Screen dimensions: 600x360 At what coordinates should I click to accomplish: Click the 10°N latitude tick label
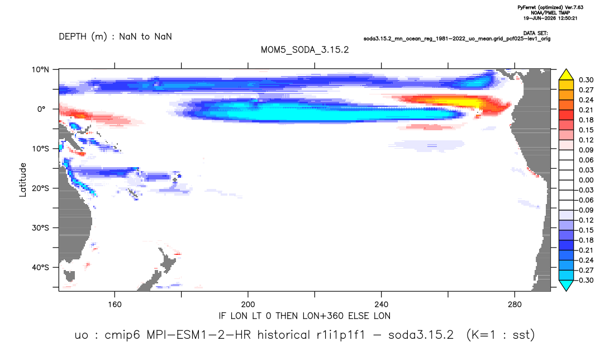coord(40,70)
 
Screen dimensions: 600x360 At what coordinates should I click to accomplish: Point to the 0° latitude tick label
coord(41,109)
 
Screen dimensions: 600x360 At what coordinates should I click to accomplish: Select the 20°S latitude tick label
coord(40,188)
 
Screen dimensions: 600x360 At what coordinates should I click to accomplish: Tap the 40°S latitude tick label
coord(40,267)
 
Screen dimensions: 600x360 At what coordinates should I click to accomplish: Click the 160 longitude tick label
coord(115,305)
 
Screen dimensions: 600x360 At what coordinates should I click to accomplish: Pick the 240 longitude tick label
coord(381,305)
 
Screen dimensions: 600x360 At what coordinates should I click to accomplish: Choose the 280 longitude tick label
coord(515,305)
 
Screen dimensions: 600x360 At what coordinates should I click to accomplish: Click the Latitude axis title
coord(22,180)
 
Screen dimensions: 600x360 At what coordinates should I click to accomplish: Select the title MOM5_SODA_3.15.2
coord(304,50)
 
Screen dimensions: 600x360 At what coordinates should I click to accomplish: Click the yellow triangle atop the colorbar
coord(566,74)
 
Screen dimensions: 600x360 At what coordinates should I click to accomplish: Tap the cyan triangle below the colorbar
coord(566,286)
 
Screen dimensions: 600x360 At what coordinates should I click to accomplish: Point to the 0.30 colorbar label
coord(586,80)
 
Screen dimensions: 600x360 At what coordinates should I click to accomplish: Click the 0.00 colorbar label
coord(586,180)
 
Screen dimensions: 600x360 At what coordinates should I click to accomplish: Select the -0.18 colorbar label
coord(585,240)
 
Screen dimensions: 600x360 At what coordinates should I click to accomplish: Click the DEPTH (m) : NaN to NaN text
coord(115,37)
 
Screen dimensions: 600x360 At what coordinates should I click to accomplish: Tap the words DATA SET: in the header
coord(535,34)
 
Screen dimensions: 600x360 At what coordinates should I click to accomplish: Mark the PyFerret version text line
coord(550,8)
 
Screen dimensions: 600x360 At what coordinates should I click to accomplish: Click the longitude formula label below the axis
coord(304,316)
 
